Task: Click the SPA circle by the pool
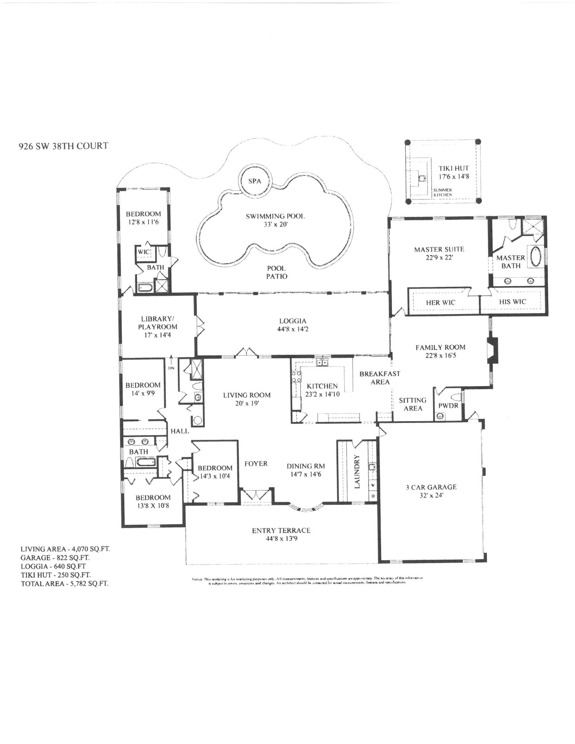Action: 255,182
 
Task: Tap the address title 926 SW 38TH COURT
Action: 63,146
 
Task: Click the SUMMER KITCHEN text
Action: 442,192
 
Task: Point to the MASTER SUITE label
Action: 439,249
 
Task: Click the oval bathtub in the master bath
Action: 535,256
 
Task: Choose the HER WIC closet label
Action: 441,302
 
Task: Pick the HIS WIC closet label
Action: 512,302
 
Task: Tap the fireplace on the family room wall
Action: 492,350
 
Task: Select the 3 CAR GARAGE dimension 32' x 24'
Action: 431,496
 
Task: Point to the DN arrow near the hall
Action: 171,362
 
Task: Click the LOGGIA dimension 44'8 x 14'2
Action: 293,329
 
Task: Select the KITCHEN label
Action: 322,386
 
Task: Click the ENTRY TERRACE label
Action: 281,530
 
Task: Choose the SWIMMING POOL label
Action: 275,216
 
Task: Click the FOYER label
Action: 256,464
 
